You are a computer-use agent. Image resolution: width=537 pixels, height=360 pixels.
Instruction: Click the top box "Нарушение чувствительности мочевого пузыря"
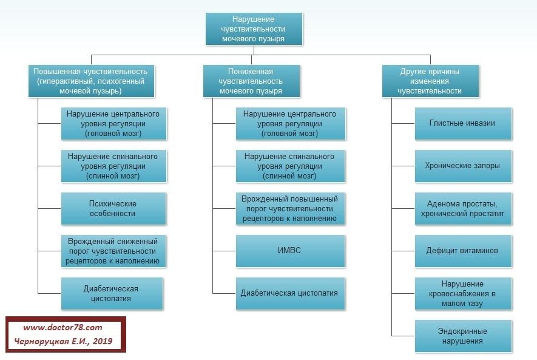click(x=254, y=29)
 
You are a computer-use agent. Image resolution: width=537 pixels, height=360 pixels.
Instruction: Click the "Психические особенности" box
click(x=112, y=209)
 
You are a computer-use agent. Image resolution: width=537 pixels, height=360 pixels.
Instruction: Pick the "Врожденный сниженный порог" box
click(x=112, y=251)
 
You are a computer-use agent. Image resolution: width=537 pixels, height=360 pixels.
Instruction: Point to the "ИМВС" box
click(x=289, y=251)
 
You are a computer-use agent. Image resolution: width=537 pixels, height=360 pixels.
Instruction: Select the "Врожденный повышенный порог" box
click(x=289, y=208)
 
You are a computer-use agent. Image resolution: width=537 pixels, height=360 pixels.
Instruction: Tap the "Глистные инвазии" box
click(x=463, y=123)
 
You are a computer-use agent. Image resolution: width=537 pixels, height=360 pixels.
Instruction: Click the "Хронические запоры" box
click(x=463, y=165)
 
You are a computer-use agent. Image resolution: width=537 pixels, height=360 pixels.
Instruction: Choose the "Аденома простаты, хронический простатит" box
click(x=463, y=208)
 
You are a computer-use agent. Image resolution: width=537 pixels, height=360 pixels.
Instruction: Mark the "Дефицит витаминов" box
click(x=463, y=250)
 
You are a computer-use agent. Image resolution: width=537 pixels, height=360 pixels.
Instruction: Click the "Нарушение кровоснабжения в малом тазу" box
click(x=463, y=293)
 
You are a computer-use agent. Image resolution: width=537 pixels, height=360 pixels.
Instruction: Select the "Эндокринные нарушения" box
click(x=463, y=336)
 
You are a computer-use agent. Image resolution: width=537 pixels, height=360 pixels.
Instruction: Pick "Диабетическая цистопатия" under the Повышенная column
click(x=112, y=293)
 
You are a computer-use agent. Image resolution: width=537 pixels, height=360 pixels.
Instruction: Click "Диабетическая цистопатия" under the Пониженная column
click(x=289, y=293)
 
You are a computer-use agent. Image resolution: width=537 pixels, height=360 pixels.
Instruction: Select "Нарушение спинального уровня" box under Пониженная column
click(x=289, y=166)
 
